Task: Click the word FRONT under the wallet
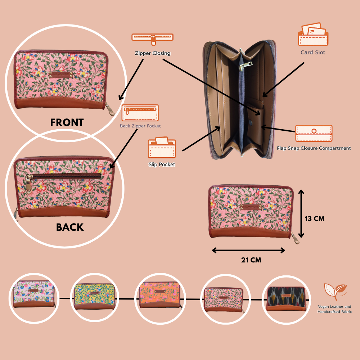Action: coord(67,122)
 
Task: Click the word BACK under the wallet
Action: coord(70,227)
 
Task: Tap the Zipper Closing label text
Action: coord(152,53)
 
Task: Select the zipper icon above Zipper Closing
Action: coord(152,37)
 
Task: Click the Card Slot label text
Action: coord(313,53)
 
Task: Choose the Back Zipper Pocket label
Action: coord(140,126)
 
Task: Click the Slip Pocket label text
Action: coord(162,165)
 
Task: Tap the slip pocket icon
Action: coord(162,148)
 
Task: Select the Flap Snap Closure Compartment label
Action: coord(314,148)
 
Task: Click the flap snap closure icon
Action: coord(314,134)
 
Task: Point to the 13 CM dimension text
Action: coord(314,219)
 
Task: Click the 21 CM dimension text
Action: coord(251,260)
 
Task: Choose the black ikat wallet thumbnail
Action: coord(286,298)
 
